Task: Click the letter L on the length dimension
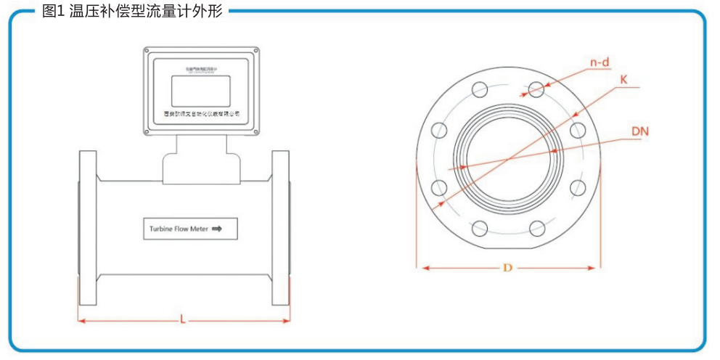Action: tap(183, 319)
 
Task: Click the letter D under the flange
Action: tap(507, 268)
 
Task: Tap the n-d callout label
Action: tap(599, 62)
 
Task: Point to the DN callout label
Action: tap(639, 131)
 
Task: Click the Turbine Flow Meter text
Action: tap(179, 229)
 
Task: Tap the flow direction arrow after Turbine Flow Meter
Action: tap(216, 229)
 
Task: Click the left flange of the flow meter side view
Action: tap(87, 229)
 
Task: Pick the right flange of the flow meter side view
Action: tap(281, 229)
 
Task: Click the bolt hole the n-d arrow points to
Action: tap(536, 89)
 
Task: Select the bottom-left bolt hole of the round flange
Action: tap(480, 228)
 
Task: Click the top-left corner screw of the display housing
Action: tap(147, 52)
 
